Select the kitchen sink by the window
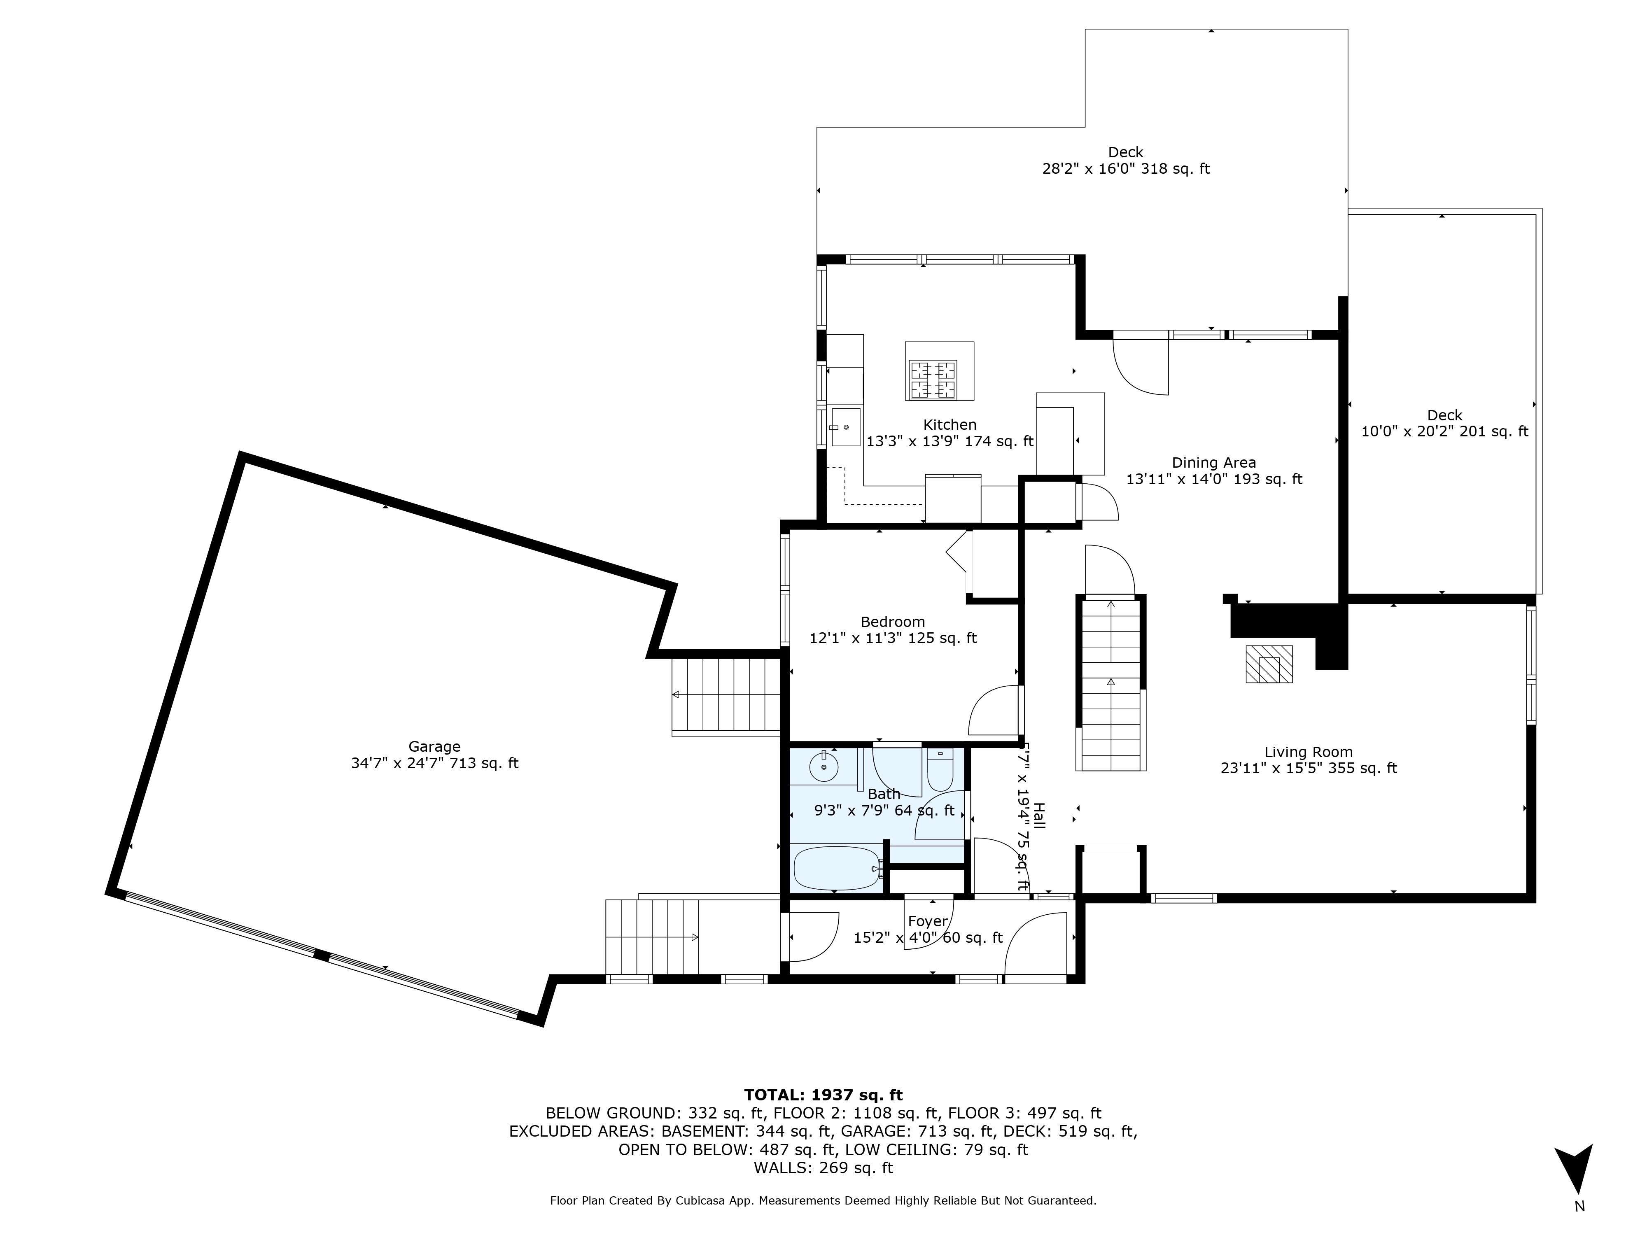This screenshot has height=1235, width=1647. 845,427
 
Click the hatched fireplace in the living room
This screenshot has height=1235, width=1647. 1269,664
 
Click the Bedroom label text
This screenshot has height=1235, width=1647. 893,622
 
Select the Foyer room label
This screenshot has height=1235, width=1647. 928,922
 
